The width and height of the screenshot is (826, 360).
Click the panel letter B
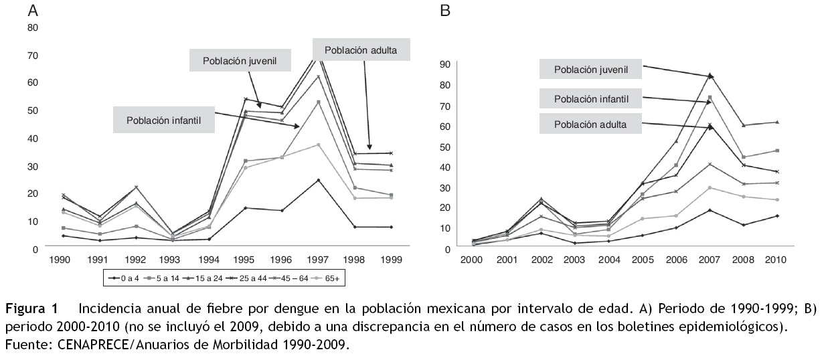pyautogui.click(x=444, y=11)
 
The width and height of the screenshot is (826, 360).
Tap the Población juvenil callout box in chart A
pyautogui.click(x=240, y=60)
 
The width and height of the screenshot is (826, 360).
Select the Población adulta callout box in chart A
pyautogui.click(x=360, y=50)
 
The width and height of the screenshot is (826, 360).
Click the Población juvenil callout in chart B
pyautogui.click(x=590, y=70)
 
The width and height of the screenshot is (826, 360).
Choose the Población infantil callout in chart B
pyautogui.click(x=590, y=99)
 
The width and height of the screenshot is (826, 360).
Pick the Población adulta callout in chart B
pyautogui.click(x=590, y=124)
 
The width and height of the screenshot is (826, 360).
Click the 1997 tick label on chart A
pyautogui.click(x=319, y=260)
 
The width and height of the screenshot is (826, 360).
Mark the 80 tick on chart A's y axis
pyautogui.click(x=32, y=27)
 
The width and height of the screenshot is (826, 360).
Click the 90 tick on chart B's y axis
pyautogui.click(x=444, y=65)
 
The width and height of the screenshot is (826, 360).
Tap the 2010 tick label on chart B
pyautogui.click(x=776, y=260)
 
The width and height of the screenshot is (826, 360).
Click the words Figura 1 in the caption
pyautogui.click(x=31, y=309)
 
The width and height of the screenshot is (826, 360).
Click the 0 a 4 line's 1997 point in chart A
pyautogui.click(x=319, y=180)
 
